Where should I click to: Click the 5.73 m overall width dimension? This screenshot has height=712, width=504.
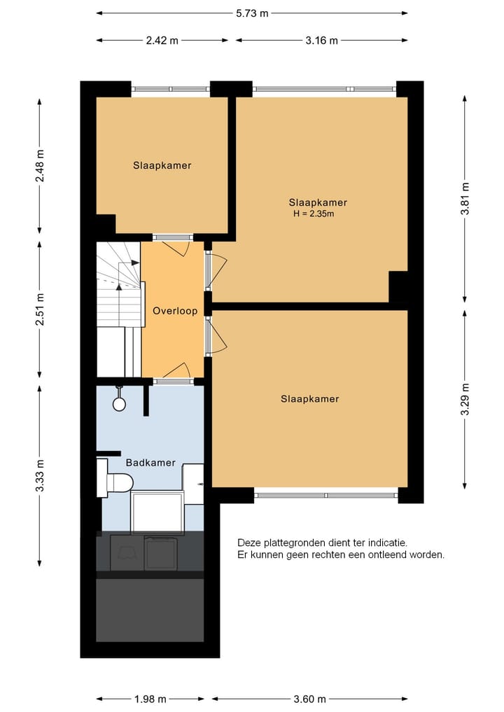pos(252,13)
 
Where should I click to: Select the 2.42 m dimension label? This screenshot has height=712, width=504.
pos(162,41)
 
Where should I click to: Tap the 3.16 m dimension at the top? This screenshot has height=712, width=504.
pos(321,41)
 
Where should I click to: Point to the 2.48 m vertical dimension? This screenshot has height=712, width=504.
pos(40,166)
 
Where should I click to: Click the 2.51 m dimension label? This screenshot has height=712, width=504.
pos(40,308)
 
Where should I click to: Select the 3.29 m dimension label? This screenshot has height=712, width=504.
pos(465,399)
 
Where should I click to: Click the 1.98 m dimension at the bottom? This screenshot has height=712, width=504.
pos(150,699)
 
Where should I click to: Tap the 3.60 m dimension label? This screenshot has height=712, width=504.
pos(309,699)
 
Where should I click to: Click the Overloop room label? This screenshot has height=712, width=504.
pos(175,311)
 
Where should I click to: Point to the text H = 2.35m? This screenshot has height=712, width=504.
pos(314,214)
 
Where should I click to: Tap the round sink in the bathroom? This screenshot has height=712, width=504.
pos(119,403)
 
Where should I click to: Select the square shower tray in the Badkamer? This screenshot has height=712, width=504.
pos(157,512)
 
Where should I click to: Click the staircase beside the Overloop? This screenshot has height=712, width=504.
pos(118,294)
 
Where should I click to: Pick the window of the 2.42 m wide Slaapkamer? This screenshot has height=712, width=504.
pos(171,89)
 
